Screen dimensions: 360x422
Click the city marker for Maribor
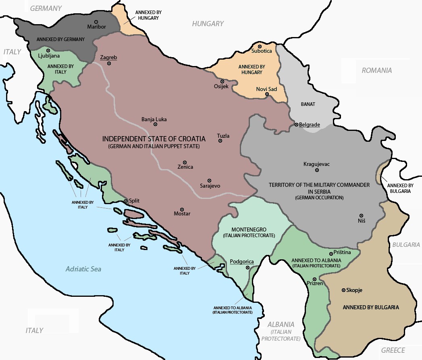click(96, 22)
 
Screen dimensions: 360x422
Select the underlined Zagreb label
click(108, 58)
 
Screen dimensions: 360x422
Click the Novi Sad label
click(266, 89)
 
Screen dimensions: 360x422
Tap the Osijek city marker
click(222, 81)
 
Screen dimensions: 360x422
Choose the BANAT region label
click(308, 104)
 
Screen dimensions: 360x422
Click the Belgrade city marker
click(296, 125)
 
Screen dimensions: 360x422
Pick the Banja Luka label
click(154, 119)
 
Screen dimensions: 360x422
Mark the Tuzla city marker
click(220, 141)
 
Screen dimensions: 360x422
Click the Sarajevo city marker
click(209, 180)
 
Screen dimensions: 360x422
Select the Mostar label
click(181, 214)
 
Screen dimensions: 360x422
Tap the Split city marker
click(125, 201)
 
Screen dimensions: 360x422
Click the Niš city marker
click(361, 216)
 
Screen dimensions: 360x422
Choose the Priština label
click(342, 252)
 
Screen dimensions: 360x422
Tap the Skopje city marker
click(343, 290)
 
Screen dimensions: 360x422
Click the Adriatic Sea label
click(83, 269)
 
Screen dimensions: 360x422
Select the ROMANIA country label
click(376, 70)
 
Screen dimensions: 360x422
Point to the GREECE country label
click(393, 350)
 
